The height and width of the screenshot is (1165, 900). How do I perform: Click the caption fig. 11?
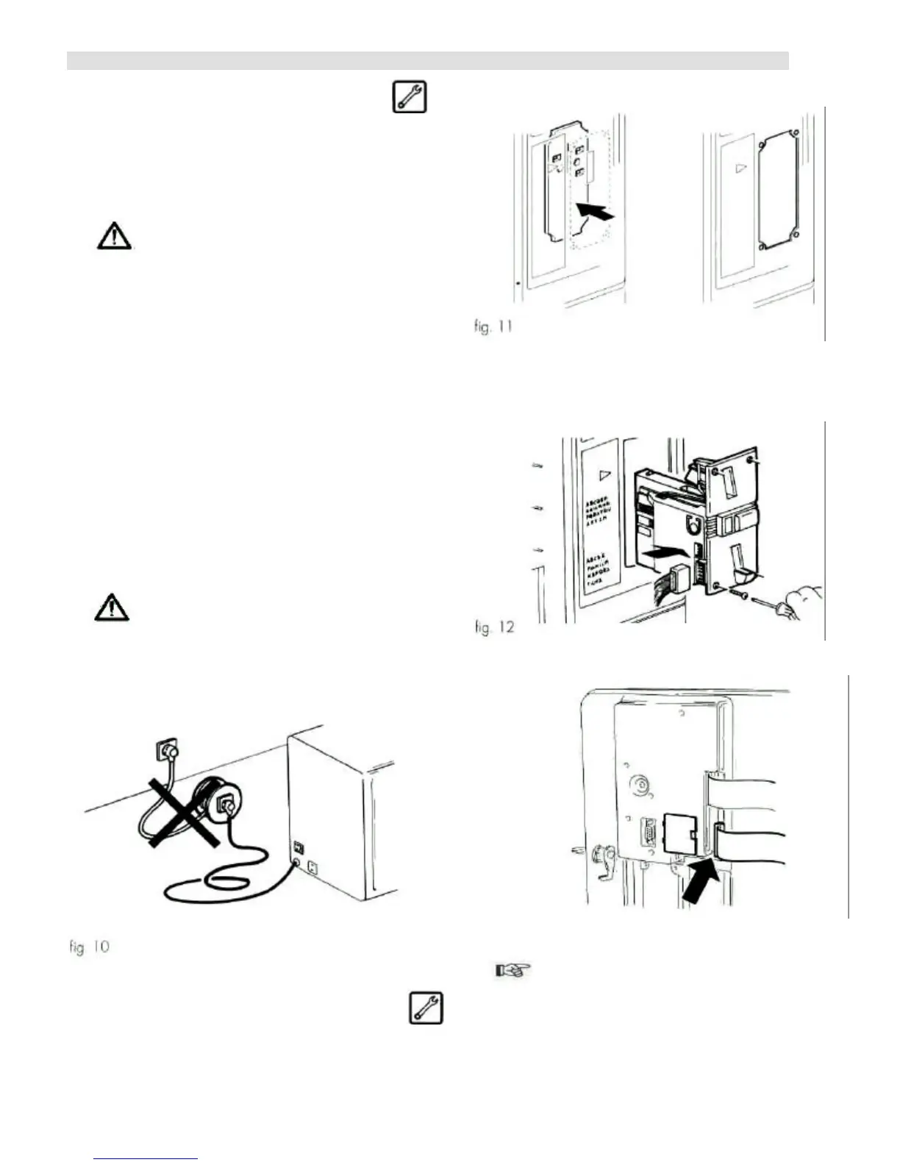(x=493, y=326)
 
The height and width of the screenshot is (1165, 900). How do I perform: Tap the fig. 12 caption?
(x=494, y=628)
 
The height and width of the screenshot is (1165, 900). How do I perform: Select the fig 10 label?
(x=89, y=947)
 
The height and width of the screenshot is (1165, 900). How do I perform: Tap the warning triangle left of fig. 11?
(x=114, y=236)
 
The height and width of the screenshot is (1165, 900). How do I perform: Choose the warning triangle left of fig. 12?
(x=112, y=608)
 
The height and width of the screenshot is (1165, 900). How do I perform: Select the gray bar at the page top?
(x=427, y=60)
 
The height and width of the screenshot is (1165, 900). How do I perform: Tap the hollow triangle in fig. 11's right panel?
(x=740, y=168)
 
